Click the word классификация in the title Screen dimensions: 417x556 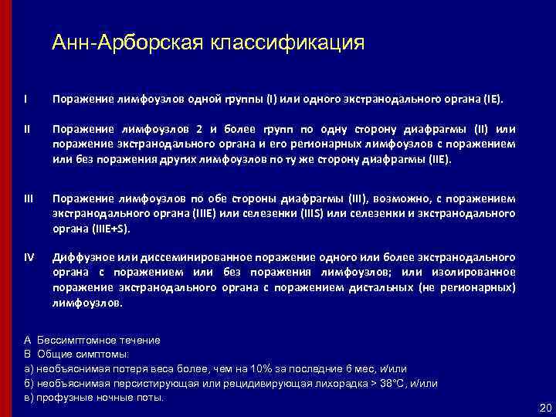click(x=283, y=42)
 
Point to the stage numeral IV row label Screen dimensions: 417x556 click(x=29, y=256)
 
